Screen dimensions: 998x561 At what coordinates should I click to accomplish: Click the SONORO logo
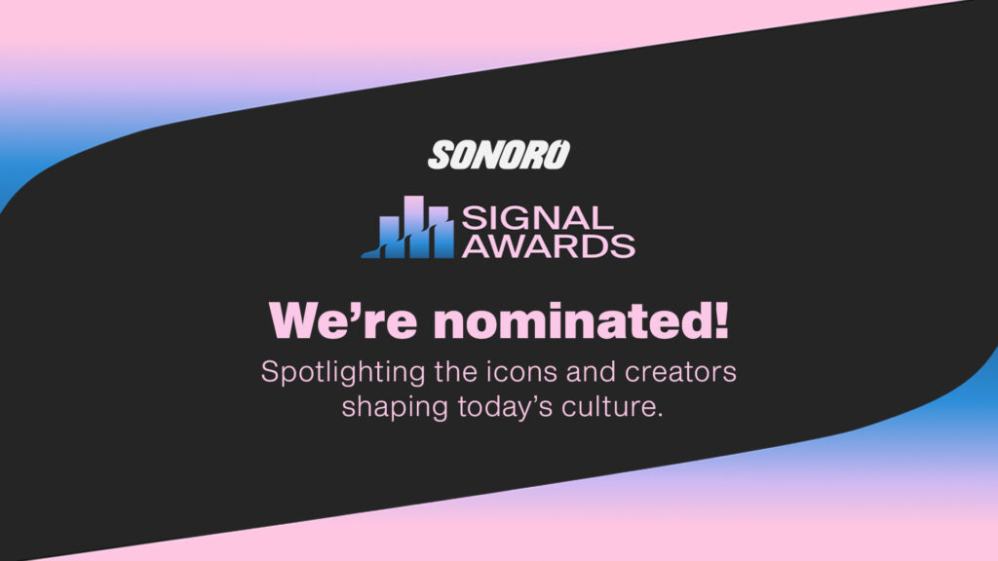499,155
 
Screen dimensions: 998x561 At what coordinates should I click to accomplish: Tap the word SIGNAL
537,218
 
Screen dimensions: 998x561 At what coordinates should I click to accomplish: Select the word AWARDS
549,246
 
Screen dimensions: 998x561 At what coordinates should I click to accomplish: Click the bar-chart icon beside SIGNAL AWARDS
408,227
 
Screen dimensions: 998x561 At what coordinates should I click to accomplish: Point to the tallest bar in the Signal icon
413,226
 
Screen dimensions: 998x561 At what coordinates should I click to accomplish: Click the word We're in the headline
343,320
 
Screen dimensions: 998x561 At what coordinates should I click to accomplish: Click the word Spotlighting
343,373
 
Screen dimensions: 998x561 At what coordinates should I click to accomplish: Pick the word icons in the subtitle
522,372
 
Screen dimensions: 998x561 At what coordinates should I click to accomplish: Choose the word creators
680,373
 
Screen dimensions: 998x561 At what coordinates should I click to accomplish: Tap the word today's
506,408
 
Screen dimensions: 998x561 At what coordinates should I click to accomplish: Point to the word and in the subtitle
591,372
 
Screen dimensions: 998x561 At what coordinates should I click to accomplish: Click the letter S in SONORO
441,155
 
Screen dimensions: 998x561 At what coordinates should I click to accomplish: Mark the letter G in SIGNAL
513,218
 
